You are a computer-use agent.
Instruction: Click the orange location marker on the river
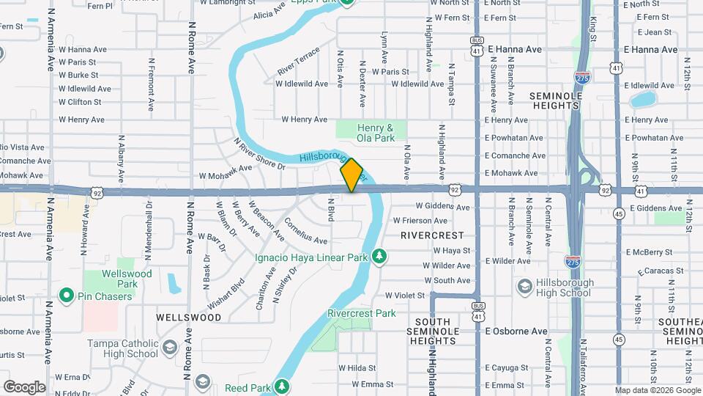click(351, 175)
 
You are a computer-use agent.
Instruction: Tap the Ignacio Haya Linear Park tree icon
click(379, 256)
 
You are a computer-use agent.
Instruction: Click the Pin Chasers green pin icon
click(66, 296)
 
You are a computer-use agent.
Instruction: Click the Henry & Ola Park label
click(376, 133)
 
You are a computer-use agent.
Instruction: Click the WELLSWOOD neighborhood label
click(188, 318)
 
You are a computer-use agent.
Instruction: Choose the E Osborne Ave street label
click(516, 331)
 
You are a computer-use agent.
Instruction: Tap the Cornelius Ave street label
click(305, 230)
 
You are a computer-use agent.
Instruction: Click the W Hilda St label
click(357, 367)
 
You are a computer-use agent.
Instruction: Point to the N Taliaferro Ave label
click(584, 363)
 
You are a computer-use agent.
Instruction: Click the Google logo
click(24, 386)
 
